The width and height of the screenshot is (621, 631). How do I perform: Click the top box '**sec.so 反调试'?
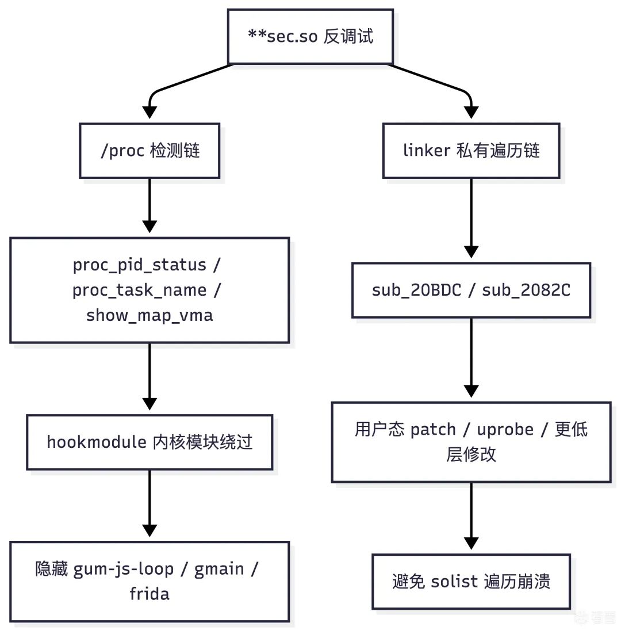coord(310,36)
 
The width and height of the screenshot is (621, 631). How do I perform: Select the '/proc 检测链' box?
coord(149,151)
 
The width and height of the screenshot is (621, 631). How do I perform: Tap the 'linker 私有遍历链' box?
coord(471,151)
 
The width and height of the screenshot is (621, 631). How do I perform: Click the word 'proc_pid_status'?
coord(139,265)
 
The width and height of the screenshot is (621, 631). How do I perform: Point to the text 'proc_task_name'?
coord(139,290)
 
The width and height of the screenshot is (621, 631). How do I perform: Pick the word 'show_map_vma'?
coord(149,315)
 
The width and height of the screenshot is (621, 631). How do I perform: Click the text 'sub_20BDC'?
coord(416,290)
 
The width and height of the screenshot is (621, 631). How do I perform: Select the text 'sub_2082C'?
coord(526,290)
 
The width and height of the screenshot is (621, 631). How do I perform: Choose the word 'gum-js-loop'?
coord(124,568)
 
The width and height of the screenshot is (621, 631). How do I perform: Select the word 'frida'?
coord(149,593)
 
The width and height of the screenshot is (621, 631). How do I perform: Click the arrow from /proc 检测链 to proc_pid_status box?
coord(149,207)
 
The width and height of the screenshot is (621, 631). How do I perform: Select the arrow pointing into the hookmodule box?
coord(149,379)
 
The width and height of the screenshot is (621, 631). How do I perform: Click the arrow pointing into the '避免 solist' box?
coord(471,517)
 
